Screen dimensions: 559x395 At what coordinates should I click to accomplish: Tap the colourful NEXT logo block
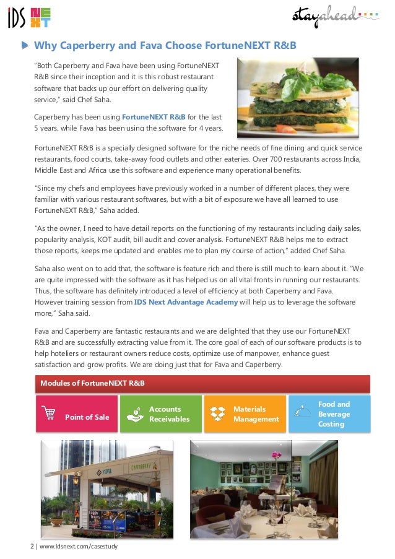(x=40, y=19)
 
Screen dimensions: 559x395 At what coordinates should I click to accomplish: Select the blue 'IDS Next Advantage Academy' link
(x=186, y=301)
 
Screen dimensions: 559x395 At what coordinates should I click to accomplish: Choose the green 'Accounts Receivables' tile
(x=160, y=414)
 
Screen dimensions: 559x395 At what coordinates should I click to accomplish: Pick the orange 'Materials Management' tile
(x=245, y=414)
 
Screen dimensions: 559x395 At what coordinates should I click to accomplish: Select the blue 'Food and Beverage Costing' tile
(x=329, y=414)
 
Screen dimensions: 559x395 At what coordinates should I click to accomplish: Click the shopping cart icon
(x=48, y=412)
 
